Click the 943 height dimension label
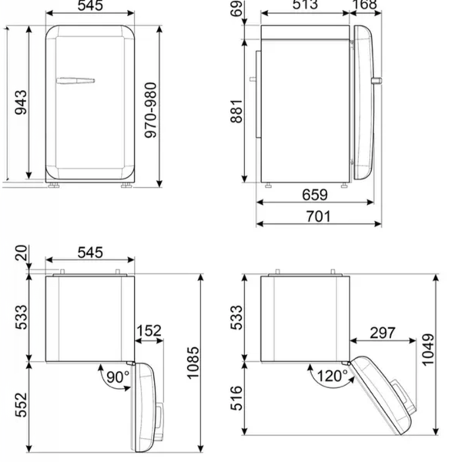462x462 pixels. pos(21,102)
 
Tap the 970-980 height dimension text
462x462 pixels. pos(151,110)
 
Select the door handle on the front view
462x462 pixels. pos(75,80)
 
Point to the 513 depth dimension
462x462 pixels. pos(305,5)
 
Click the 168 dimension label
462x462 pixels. pos(365,5)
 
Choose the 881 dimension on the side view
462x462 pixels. pos(236,111)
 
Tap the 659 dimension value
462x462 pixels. pos(315,195)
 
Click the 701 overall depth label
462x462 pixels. pos(319,216)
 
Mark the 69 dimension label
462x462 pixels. pos(236,8)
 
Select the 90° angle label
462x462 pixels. pos(118,377)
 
